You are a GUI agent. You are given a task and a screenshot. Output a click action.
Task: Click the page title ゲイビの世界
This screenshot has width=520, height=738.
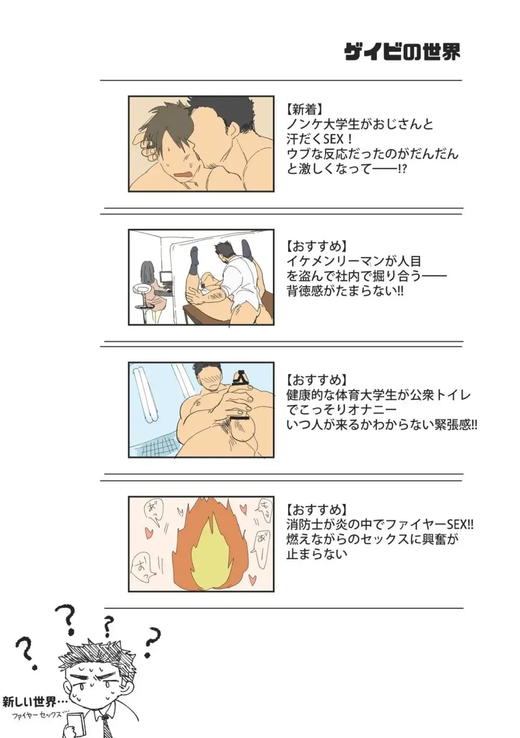pos(402,52)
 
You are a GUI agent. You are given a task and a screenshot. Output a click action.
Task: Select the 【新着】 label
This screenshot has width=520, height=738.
pos(305,110)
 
